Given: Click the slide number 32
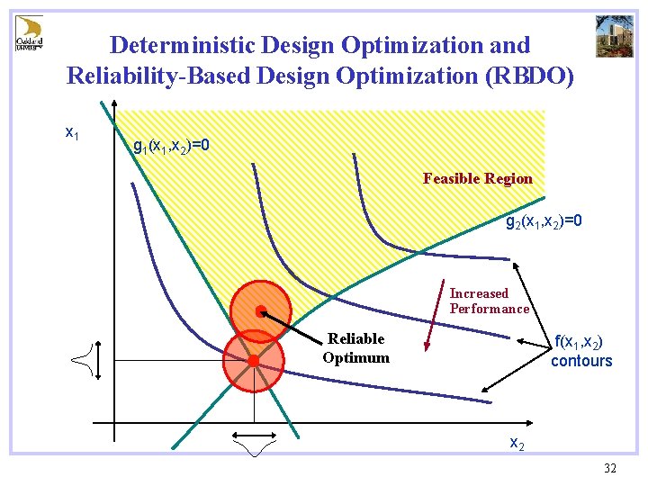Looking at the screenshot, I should point(609,468).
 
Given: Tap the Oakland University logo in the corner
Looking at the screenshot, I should point(29,33).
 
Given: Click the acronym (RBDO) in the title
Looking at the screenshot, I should point(529,76).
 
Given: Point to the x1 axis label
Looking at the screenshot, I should point(73,132).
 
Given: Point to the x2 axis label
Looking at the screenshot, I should point(517,443).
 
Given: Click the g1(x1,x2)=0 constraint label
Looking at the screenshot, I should point(171,146).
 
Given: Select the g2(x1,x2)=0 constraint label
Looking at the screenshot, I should point(544,220).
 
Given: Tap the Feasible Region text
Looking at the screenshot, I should point(478,178).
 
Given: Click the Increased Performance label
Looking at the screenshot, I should point(489,301).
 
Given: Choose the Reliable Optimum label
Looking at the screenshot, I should point(355,347).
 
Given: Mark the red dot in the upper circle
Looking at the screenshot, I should point(259,311).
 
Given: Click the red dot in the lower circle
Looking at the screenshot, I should point(255,361).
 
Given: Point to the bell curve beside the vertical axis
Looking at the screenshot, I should point(83,363).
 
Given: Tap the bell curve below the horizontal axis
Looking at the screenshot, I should point(254,444).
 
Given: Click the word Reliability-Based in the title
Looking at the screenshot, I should point(158,76).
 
